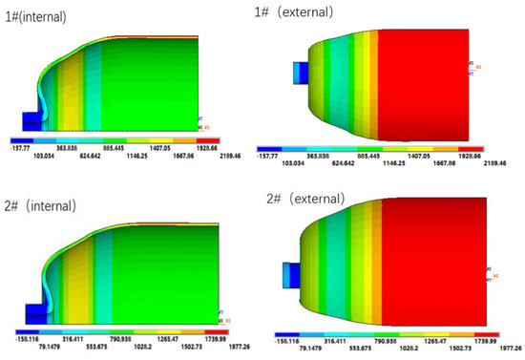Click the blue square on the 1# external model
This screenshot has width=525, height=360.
pos(300,72)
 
